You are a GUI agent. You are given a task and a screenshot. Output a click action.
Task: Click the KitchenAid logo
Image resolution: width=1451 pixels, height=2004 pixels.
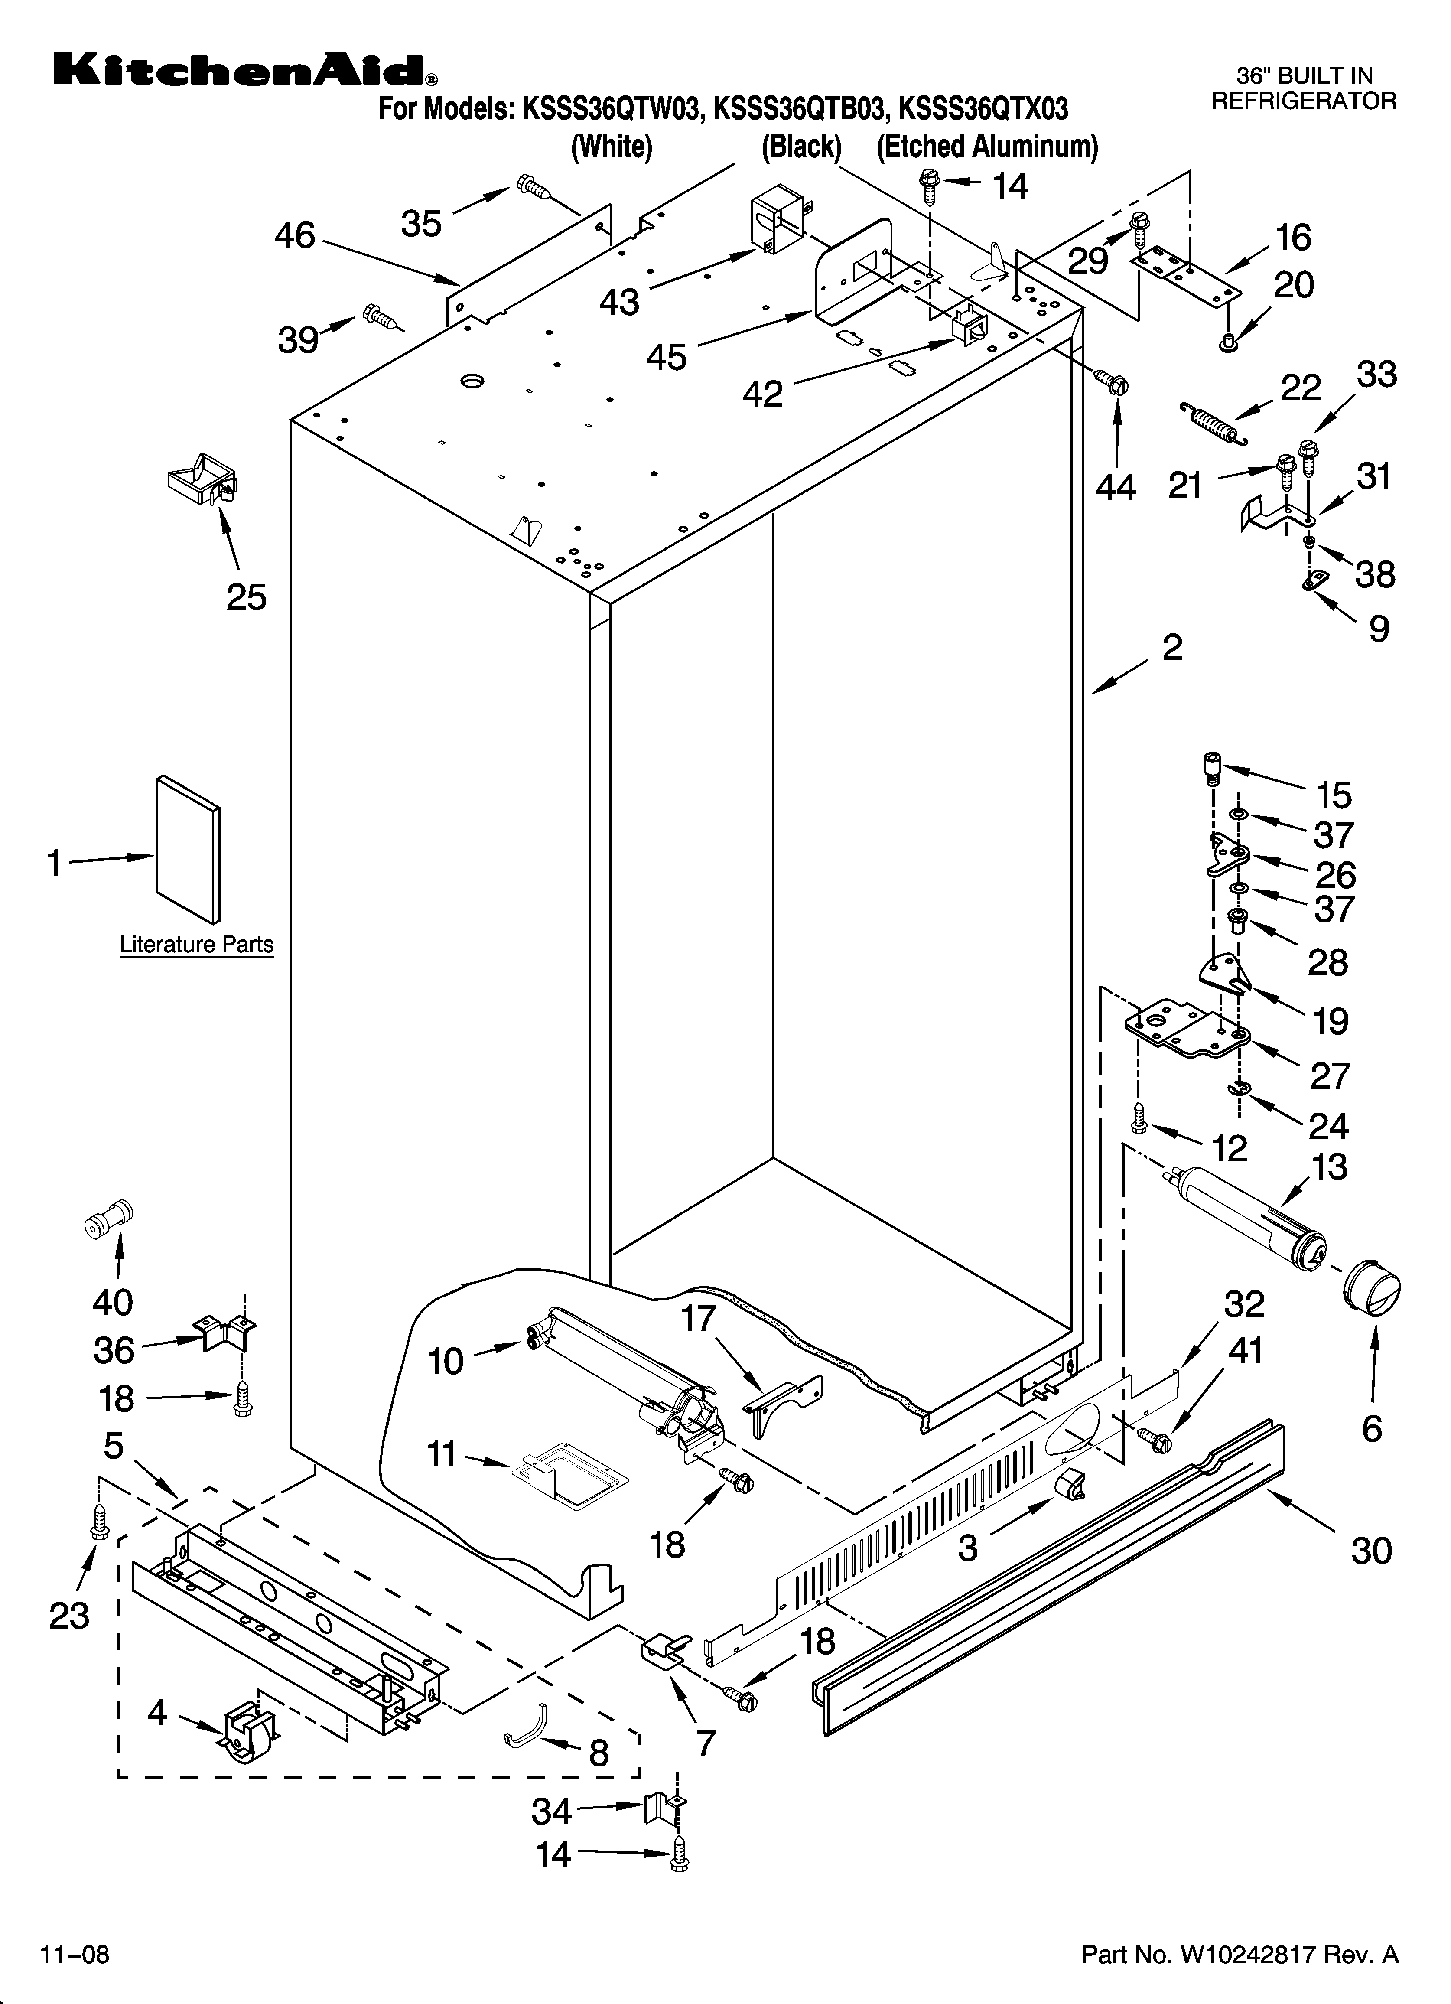coord(243,71)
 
